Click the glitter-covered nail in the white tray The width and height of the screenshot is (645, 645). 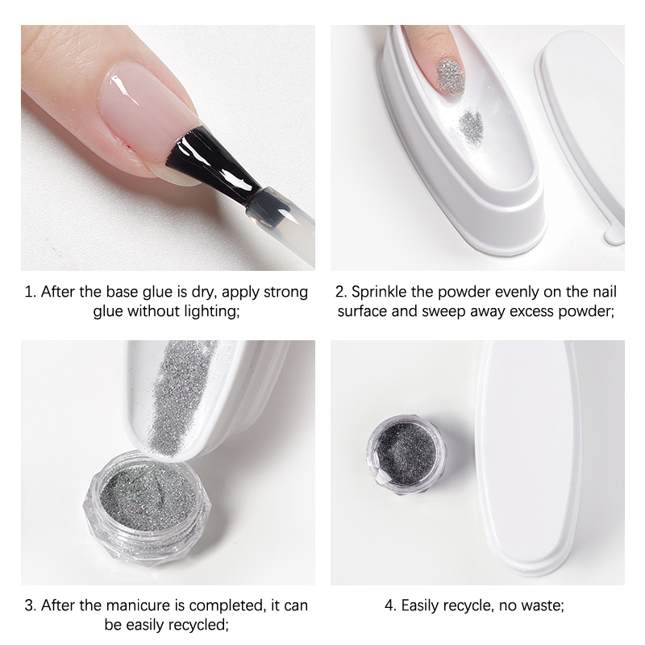click(x=450, y=74)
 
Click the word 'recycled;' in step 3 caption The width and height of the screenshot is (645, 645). click(x=200, y=625)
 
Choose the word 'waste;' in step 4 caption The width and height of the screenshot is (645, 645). click(x=543, y=605)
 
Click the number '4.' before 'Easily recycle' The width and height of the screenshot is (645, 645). click(x=391, y=605)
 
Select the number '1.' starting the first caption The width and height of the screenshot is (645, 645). click(x=31, y=292)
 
